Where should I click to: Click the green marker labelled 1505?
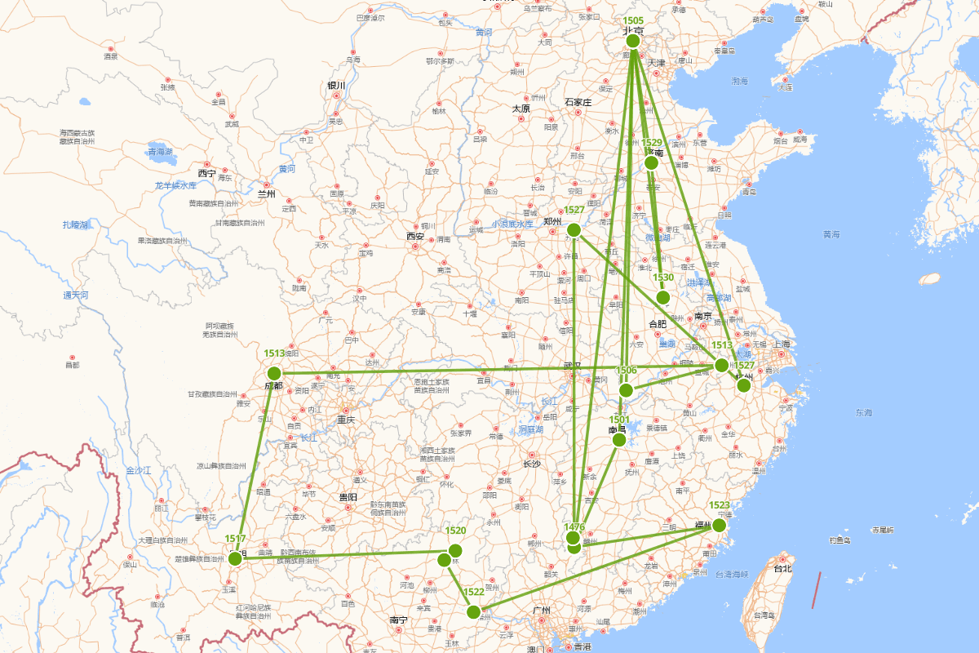coord(632,41)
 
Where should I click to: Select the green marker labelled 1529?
coord(651,162)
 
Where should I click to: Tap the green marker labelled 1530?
coord(662,297)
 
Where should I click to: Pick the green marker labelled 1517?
coord(235,558)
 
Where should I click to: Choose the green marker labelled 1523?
coord(719,525)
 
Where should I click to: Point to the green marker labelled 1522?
coord(473,611)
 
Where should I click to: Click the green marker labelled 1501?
coord(619,439)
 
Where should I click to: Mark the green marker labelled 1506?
coord(626,390)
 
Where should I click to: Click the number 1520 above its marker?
coord(455,531)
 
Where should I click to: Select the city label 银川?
coord(336,86)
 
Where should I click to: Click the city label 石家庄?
coord(577,102)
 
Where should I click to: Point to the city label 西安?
coord(415,237)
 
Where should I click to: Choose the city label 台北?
coord(782,568)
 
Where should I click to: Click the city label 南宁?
coord(399,620)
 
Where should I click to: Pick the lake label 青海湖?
coord(161,151)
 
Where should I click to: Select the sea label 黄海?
coord(831,234)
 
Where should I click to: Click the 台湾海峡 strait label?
coord(720,575)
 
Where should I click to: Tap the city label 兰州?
coord(266,194)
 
